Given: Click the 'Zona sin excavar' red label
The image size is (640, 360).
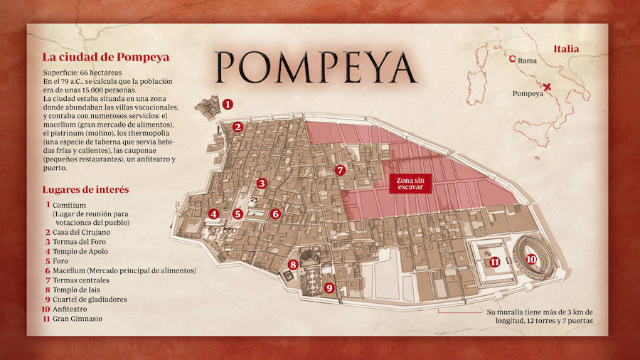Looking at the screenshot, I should click(x=410, y=184).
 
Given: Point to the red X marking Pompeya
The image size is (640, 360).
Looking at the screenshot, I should click(x=547, y=88).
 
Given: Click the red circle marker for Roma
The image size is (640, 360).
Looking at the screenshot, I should click(x=512, y=59).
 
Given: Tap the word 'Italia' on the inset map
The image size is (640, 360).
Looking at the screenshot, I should click(x=566, y=49).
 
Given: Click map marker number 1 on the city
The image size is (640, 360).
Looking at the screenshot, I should click(x=228, y=104).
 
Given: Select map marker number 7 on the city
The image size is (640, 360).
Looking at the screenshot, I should click(x=340, y=170).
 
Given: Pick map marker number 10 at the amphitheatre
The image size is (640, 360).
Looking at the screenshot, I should click(x=531, y=259).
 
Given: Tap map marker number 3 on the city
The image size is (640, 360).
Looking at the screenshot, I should click(x=262, y=183).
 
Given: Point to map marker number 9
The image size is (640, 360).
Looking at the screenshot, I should click(x=328, y=287).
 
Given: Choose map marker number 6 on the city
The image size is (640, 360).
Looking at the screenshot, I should click(x=276, y=213).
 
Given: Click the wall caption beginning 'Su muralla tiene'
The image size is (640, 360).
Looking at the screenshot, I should click(x=539, y=317).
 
